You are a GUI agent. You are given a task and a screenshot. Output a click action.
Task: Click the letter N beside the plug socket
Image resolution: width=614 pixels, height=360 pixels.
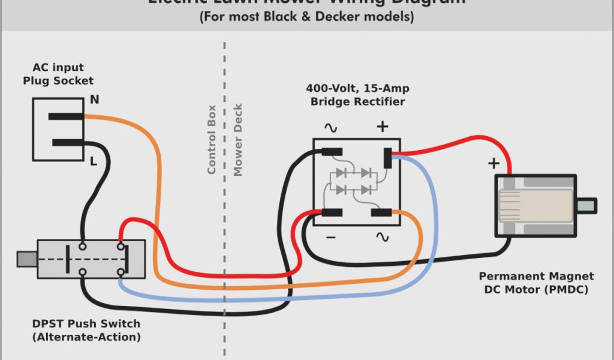coord(95,100)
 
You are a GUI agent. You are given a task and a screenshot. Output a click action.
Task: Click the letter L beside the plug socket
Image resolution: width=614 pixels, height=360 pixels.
coord(94,161)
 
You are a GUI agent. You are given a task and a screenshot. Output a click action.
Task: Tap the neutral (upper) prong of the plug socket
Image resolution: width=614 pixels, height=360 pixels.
coord(65,116)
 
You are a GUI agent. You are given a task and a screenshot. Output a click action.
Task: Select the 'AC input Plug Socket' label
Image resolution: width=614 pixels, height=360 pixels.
coord(58,74)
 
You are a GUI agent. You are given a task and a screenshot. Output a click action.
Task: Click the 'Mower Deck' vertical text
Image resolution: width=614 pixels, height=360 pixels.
coord(238,140)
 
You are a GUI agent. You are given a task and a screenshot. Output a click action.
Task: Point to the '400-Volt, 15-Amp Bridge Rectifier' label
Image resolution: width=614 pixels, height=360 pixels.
coord(357,95)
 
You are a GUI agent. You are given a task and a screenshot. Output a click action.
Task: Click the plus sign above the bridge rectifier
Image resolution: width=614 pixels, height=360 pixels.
coord(382,127)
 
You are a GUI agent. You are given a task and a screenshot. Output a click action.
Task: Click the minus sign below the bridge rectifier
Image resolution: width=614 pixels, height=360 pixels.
coord(331,238)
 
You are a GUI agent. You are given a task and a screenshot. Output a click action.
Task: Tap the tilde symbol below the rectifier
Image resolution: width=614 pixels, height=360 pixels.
coord(382,238)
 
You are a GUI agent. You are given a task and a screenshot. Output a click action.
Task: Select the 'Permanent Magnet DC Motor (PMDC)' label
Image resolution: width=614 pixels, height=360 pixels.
coord(537,283)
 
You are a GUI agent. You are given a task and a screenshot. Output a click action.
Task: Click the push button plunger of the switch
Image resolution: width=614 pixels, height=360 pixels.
coord(27,259)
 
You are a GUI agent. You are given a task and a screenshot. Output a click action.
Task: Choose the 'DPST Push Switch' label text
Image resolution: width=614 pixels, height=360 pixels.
coord(86,324)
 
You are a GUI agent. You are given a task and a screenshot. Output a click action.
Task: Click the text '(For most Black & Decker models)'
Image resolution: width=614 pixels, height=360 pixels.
coord(306,17)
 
